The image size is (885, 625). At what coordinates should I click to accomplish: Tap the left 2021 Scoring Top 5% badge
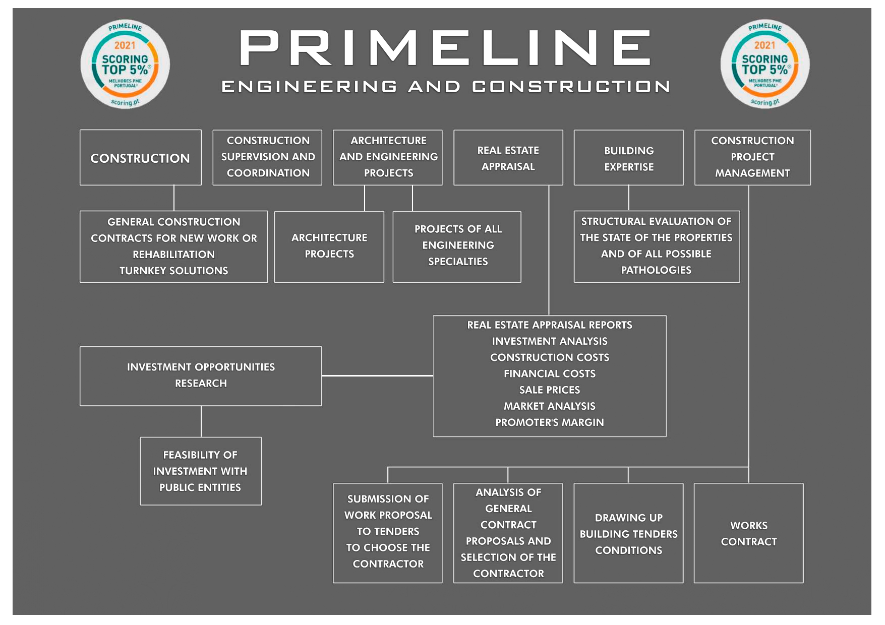125,64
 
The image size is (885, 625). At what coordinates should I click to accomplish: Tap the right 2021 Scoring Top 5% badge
764,64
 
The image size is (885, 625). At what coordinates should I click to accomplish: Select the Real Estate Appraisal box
508,158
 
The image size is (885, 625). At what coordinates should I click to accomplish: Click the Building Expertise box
628,158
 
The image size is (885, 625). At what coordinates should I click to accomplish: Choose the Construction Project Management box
752,157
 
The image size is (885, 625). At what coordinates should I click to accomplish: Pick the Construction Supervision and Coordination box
267,157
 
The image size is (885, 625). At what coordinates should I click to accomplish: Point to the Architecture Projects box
329,246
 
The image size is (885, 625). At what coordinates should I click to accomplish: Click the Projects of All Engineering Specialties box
457,246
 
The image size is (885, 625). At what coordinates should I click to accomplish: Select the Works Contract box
748,533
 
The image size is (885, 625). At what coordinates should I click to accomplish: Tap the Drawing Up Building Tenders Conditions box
628,533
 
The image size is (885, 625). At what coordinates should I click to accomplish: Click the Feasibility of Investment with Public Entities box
201,471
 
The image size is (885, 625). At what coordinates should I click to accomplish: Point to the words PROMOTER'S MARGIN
549,422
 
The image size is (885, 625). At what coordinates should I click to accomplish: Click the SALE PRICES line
549,390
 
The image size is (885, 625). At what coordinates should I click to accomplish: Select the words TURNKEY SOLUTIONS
173,271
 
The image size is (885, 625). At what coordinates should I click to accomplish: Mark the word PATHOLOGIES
656,270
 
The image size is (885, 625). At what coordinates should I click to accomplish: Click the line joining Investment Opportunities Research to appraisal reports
377,376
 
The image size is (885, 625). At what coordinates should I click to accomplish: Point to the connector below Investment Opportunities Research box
201,421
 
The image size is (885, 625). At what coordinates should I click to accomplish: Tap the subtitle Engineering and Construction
445,87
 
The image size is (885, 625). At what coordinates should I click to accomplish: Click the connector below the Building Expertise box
629,198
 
